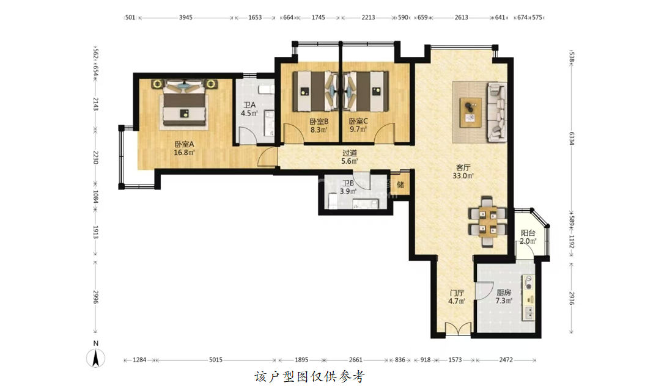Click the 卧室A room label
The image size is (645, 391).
click(x=184, y=144)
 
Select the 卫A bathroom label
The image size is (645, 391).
click(x=249, y=105)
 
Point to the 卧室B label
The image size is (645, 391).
click(x=319, y=122)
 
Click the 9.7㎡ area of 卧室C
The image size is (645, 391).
click(x=358, y=130)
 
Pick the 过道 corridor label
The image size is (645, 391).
click(x=350, y=153)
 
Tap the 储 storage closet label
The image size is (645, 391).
click(x=400, y=185)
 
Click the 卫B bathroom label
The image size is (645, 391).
click(x=348, y=183)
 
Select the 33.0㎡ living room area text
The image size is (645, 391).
click(x=463, y=175)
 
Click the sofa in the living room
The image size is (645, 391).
click(x=497, y=112)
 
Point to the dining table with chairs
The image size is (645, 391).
click(x=487, y=221)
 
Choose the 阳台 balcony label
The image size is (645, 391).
click(x=528, y=233)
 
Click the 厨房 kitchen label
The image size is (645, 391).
click(x=504, y=292)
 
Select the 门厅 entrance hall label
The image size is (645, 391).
click(x=457, y=293)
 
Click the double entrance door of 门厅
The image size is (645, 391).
click(x=458, y=329)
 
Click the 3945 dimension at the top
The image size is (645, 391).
click(x=185, y=18)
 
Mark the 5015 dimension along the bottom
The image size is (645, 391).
click(x=216, y=360)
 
